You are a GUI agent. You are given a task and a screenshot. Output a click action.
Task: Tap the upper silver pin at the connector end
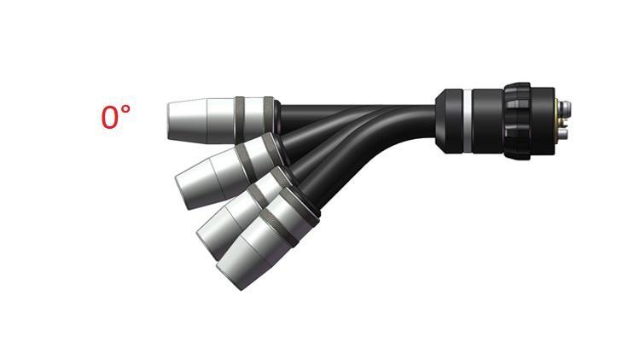(x=567, y=107)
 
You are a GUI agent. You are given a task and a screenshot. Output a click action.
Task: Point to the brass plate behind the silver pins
(x=558, y=119)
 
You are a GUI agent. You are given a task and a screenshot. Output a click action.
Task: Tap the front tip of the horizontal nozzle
(x=170, y=119)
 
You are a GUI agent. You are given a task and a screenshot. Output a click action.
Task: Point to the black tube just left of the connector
(x=410, y=114)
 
